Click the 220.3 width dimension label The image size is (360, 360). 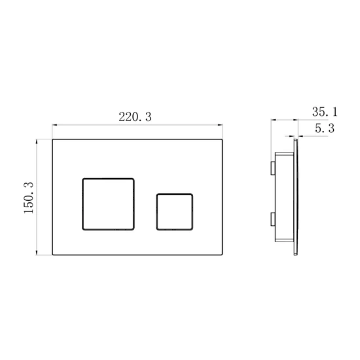[x=135, y=117]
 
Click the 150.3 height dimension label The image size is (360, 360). [x=29, y=198]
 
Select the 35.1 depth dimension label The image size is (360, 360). [x=325, y=112]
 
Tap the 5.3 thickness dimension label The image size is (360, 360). [x=325, y=128]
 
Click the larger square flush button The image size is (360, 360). [x=108, y=204]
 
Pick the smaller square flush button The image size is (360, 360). [x=175, y=212]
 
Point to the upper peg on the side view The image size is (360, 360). [x=273, y=168]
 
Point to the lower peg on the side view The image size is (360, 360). [x=273, y=219]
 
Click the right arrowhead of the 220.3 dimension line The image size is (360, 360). [x=221, y=125]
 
